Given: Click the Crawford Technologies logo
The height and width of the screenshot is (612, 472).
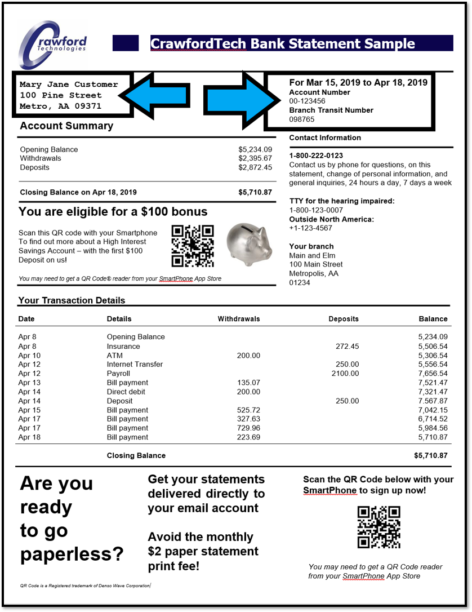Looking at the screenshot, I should click(x=53, y=45).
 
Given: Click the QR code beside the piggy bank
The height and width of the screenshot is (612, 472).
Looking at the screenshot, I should click(x=193, y=246).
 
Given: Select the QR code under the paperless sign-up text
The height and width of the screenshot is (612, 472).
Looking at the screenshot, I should click(x=379, y=527).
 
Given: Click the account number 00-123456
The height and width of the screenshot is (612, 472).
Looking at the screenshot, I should click(x=307, y=101).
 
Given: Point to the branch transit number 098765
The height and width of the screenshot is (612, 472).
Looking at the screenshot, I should click(x=302, y=119).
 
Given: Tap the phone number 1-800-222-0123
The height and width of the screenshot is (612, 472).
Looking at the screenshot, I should click(x=316, y=156).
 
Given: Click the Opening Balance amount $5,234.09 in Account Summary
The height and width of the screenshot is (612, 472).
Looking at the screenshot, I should click(x=255, y=149).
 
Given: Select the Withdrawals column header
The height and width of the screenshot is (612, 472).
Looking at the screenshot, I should click(x=239, y=319).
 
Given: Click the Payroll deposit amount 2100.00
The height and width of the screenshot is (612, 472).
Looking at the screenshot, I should click(x=345, y=374).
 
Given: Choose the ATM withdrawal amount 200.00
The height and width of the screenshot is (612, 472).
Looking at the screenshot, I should click(x=248, y=356).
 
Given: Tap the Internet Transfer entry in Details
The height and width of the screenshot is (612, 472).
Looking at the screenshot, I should click(x=135, y=365).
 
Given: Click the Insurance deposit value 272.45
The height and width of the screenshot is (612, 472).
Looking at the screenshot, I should click(x=347, y=347).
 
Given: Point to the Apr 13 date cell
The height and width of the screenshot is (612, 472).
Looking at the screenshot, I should click(x=29, y=383).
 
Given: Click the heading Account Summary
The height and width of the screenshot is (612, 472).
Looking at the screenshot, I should click(x=66, y=126).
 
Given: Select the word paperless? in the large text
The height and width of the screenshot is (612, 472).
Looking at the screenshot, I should click(x=72, y=553).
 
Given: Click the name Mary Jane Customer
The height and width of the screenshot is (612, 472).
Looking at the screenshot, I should click(x=69, y=85).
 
